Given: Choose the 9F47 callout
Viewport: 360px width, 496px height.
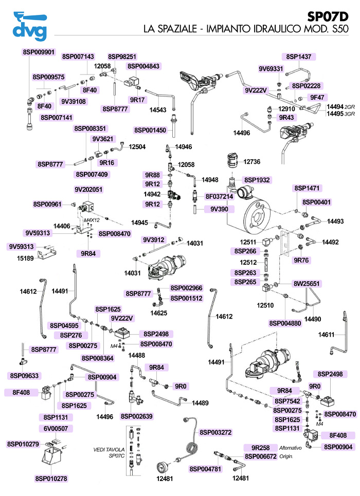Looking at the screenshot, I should (x=316, y=96).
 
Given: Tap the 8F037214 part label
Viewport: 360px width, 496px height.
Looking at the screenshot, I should (x=220, y=196).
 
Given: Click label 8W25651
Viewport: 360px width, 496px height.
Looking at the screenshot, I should (x=307, y=283).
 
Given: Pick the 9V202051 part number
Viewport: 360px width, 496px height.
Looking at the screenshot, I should (x=89, y=189).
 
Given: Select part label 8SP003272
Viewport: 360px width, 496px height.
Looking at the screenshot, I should (x=217, y=432).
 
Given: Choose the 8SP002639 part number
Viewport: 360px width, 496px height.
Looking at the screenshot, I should (x=136, y=416).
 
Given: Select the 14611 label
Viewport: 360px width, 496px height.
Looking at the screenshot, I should (x=327, y=335).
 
